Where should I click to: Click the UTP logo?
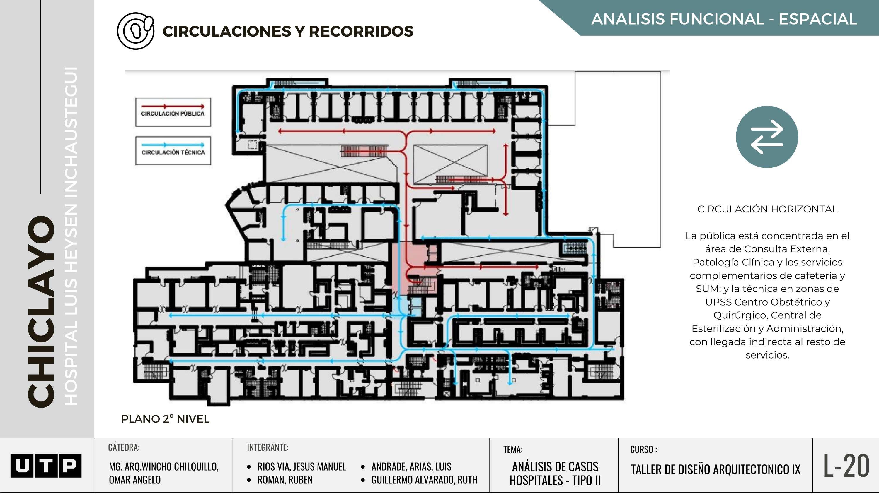click(x=46, y=465)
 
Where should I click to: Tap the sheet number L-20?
click(x=846, y=466)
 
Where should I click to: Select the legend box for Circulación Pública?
click(x=173, y=112)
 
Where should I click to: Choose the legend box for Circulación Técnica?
click(x=173, y=151)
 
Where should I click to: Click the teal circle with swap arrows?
click(x=767, y=137)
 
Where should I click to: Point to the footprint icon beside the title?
click(x=135, y=31)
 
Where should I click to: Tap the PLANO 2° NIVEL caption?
click(x=165, y=419)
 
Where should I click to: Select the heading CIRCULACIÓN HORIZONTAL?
click(x=767, y=209)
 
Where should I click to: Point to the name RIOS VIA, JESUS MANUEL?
click(x=302, y=466)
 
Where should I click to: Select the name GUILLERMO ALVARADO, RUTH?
click(x=424, y=480)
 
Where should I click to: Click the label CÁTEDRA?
click(x=124, y=447)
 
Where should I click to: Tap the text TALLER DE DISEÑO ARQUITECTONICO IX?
click(x=715, y=469)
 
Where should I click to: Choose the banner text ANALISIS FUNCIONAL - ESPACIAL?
click(x=724, y=19)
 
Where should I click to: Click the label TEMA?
click(x=513, y=449)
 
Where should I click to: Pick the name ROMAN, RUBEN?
click(x=285, y=480)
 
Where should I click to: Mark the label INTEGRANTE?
click(x=268, y=447)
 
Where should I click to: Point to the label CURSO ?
click(x=643, y=449)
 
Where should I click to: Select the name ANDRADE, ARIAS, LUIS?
click(x=411, y=466)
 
